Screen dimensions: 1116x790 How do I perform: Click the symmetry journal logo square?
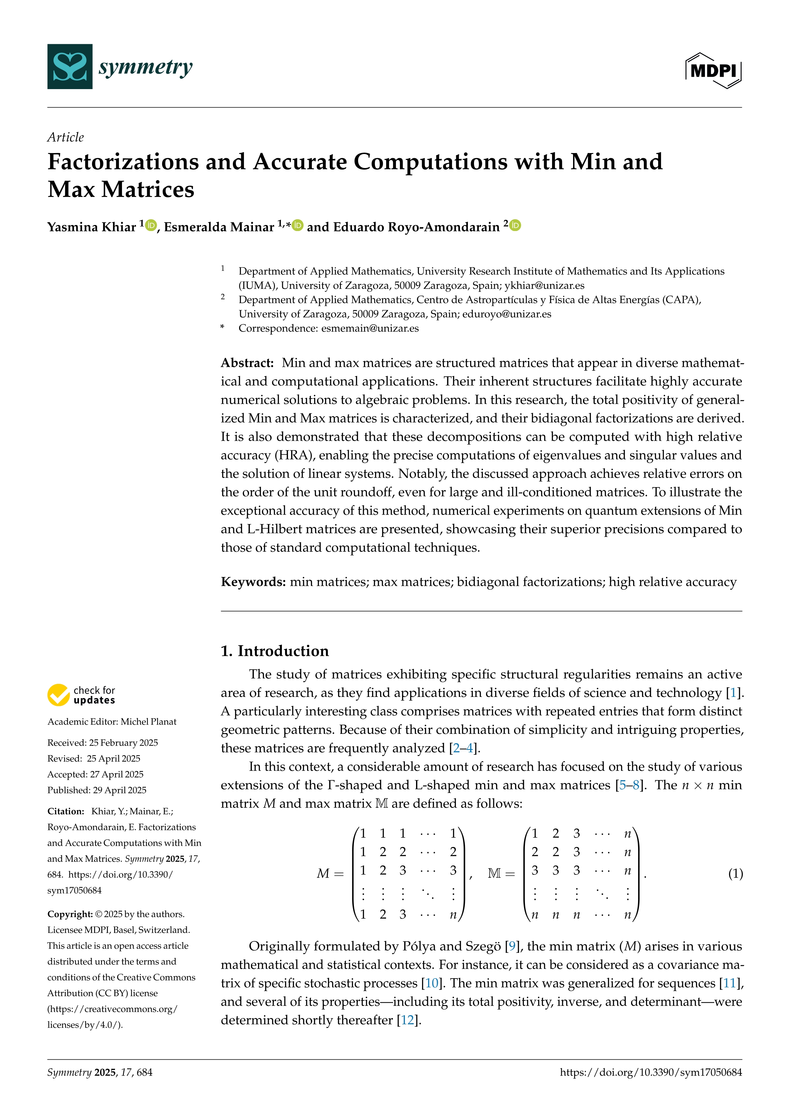tap(69, 67)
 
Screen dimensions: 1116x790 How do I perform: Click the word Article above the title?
tap(66, 137)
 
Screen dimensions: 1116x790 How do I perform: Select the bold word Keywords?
tap(253, 582)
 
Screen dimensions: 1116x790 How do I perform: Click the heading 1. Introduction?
tap(275, 651)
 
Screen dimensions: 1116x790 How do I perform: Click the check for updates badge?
tap(81, 695)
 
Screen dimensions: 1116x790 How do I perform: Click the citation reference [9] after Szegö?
tap(512, 946)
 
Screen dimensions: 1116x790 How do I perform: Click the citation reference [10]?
tap(432, 983)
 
